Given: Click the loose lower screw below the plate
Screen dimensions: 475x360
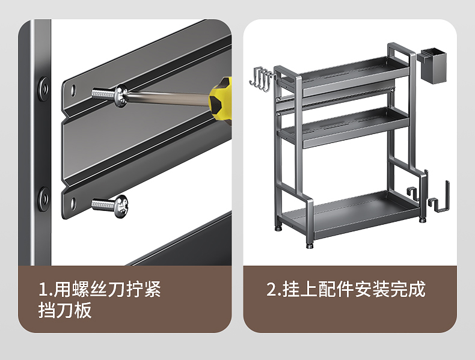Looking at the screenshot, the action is point(110,206).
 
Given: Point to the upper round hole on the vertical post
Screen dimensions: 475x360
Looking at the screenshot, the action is point(44,88).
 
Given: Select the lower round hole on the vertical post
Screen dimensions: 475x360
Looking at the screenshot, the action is point(44,199).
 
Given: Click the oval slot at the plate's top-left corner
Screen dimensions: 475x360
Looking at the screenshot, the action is point(73,90).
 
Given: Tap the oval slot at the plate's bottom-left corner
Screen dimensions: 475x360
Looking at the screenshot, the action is point(73,203).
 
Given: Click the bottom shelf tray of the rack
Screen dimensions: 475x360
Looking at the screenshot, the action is point(348,213).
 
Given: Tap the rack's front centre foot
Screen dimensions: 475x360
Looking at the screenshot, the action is point(310,244).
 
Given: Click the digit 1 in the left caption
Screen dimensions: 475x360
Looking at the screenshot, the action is point(43,290).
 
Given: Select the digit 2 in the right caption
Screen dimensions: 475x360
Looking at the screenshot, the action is point(272,290).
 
